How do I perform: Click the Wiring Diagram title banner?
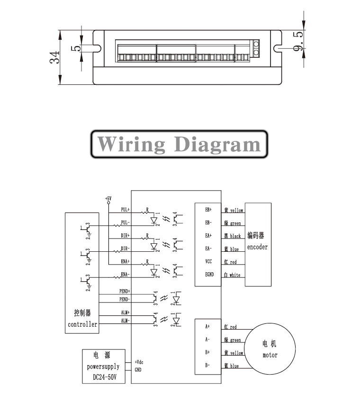tap(179, 144)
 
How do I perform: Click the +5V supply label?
tap(108, 198)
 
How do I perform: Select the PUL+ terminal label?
tap(125, 209)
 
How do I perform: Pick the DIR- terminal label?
tap(125, 248)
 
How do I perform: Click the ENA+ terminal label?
tap(125, 261)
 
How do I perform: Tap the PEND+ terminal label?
tap(125, 291)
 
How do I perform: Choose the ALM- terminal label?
tap(125, 321)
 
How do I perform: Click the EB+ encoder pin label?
tap(208, 209)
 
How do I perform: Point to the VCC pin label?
tap(208, 261)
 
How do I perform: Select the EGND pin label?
tap(209, 274)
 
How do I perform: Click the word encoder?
tap(257, 247)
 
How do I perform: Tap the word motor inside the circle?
tap(270, 355)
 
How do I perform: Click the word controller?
tap(82, 324)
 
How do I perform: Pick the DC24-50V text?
tap(102, 378)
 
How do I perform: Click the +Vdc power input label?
tap(139, 362)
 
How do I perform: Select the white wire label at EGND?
tap(235, 275)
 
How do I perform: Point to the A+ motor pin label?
tap(207, 326)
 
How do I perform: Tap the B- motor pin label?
tap(207, 365)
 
